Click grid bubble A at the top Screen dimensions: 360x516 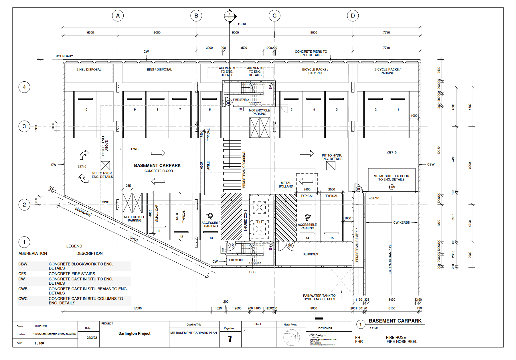(x=118, y=15)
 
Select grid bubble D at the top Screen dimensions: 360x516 (x=353, y=15)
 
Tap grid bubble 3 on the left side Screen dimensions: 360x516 (x=24, y=126)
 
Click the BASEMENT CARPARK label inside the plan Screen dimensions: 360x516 (x=157, y=166)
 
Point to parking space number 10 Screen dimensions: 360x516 (x=86, y=110)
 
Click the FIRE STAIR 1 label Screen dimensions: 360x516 (x=237, y=260)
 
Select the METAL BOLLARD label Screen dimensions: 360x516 (x=286, y=185)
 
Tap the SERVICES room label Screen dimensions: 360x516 (x=310, y=254)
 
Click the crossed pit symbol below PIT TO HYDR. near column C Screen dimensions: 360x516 (x=331, y=166)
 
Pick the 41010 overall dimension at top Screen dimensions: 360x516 (x=242, y=24)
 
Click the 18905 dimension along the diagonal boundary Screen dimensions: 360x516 (x=134, y=239)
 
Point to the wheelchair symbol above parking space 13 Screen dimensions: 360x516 (x=210, y=216)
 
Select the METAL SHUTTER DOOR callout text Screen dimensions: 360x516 (x=391, y=178)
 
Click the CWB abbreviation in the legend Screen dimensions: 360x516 (x=23, y=289)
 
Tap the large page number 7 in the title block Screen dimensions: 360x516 (x=230, y=339)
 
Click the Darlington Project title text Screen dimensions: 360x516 (x=134, y=333)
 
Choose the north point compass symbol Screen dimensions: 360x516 (x=291, y=337)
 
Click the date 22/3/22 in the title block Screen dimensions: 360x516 (x=92, y=338)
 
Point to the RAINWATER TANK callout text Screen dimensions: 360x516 (x=319, y=297)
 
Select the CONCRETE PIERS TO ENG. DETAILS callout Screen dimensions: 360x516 (x=311, y=53)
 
